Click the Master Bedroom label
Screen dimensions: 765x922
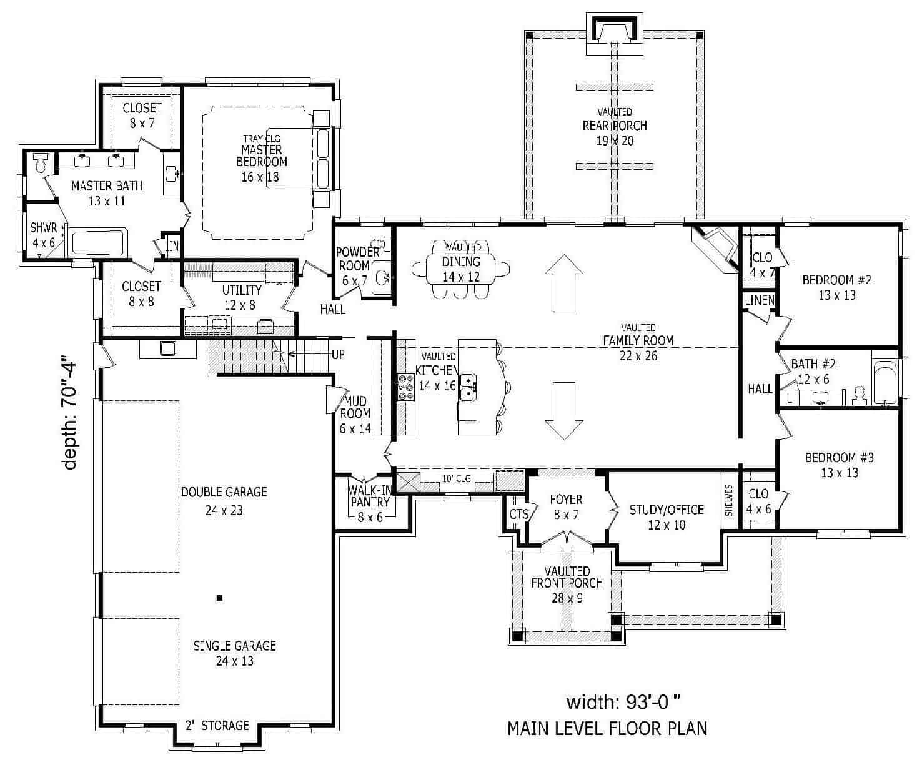pos(262,155)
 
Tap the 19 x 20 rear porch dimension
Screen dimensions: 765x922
pos(615,141)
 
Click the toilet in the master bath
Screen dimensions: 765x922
pos(41,162)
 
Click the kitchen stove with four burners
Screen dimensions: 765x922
pos(405,387)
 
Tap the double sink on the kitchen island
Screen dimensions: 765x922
pos(468,387)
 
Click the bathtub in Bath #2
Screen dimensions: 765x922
pos(884,382)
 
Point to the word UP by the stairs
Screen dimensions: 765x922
pos(338,355)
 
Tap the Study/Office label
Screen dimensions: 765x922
pos(666,510)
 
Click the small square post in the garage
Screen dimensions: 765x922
pos(219,598)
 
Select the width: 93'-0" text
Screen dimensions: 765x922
pos(622,702)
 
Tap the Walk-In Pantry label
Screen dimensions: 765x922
pos(370,496)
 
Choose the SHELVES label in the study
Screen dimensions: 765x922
pos(728,500)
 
